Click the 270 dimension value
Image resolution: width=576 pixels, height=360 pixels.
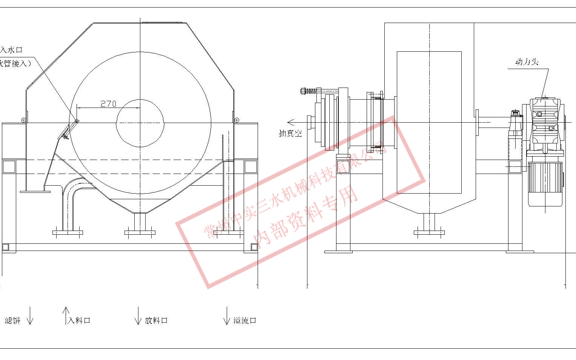pos(108,104)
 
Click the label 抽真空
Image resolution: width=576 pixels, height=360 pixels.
pos(290,133)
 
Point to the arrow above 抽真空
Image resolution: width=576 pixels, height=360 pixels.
pos(291,122)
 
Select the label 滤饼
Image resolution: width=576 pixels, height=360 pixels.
pos(12,321)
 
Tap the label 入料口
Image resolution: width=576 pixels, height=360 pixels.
pos(79,321)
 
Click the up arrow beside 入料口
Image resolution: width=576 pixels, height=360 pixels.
pos(66,315)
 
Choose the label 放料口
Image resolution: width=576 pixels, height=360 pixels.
pos(156,321)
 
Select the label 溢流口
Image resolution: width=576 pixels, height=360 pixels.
pos(245,321)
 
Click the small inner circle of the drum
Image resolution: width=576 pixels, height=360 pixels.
pos(140,123)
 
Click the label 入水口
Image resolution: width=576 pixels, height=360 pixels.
pos(11,50)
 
